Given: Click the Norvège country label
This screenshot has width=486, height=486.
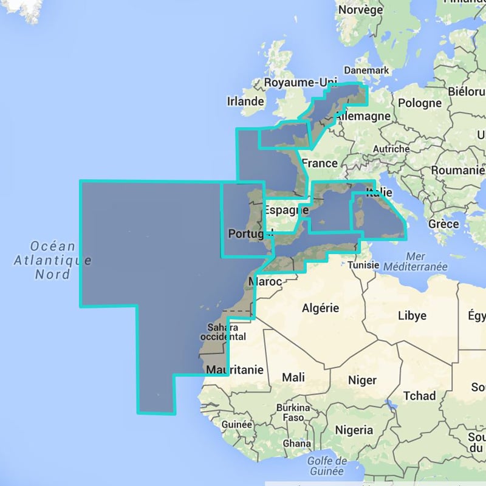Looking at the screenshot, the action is [x=360, y=10].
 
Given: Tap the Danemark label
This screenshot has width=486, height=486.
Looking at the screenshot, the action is [x=366, y=70].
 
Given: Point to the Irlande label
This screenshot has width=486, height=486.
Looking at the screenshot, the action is [x=245, y=101].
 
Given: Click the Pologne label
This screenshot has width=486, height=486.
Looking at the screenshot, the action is [x=421, y=103].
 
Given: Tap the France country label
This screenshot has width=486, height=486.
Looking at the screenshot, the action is [x=320, y=163].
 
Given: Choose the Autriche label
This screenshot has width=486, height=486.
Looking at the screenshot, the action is [x=391, y=149].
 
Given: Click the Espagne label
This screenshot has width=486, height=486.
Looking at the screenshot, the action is [x=283, y=210].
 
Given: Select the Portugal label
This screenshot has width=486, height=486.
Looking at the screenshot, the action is [x=247, y=233].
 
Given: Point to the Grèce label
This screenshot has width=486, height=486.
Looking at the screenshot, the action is [x=443, y=224].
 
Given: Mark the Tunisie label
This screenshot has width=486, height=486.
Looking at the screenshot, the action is [x=364, y=265].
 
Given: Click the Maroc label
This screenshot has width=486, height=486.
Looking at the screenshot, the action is [x=266, y=282].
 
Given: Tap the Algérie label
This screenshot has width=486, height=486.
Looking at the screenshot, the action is [x=320, y=308].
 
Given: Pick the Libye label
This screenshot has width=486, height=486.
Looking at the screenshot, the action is [x=412, y=315].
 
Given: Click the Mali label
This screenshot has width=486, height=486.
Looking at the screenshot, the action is [x=293, y=377].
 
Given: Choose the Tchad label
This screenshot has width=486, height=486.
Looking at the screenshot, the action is [x=420, y=395].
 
